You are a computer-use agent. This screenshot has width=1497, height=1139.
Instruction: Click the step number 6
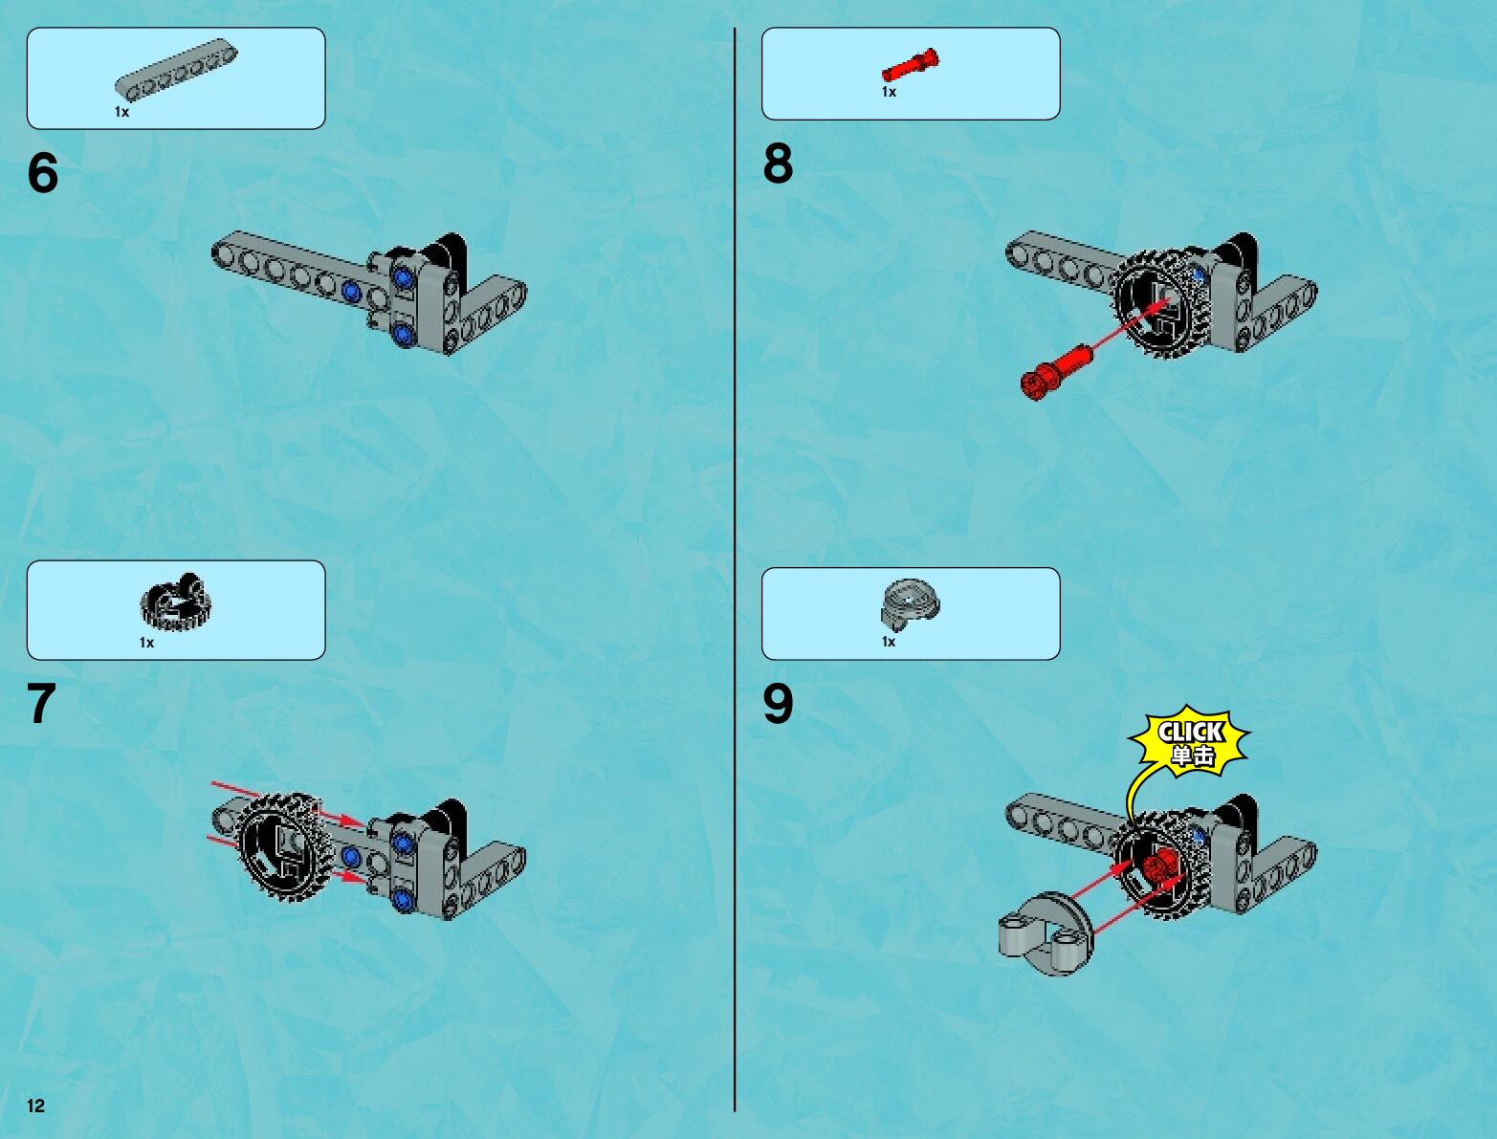point(43,172)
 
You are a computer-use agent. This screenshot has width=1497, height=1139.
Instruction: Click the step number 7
point(41,704)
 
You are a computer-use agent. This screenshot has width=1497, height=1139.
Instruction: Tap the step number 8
point(779,164)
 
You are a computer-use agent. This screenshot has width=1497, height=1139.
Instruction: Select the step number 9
point(779,704)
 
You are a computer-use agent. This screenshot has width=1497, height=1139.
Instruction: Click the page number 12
point(35,1106)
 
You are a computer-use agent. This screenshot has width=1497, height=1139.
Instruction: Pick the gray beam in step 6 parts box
point(176,69)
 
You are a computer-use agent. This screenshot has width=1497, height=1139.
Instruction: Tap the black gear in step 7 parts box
point(176,602)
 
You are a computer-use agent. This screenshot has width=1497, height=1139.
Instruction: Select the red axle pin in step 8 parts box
point(910,65)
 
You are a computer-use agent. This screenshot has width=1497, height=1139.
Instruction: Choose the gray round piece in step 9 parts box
point(910,604)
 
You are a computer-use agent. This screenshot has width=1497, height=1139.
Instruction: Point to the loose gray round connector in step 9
point(1046,933)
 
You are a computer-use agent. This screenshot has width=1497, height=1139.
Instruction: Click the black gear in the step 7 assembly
point(284,845)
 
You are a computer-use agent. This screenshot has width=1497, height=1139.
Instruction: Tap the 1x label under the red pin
point(889,92)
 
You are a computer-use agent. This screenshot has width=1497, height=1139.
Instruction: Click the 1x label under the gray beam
point(121,112)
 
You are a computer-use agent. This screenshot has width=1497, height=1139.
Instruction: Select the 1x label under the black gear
point(146,642)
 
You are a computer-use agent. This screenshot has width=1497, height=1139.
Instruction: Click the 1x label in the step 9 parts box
point(888,642)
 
